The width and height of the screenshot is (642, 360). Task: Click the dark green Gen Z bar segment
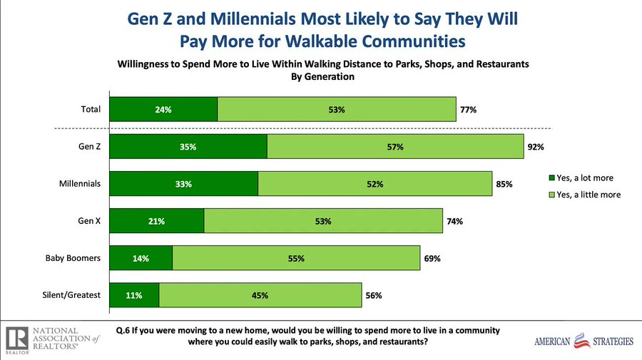click(x=188, y=147)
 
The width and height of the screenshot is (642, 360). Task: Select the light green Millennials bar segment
click(x=374, y=184)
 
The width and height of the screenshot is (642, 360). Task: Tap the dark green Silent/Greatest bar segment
click(x=134, y=295)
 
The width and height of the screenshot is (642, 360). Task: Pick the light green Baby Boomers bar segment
click(x=295, y=258)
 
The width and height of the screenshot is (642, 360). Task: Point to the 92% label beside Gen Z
click(x=536, y=147)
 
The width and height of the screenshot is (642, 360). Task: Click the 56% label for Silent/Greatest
click(x=372, y=295)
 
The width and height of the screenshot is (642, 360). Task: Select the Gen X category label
click(x=89, y=221)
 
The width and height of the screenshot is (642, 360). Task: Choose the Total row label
click(x=91, y=110)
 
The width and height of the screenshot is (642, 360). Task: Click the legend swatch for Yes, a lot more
click(x=551, y=178)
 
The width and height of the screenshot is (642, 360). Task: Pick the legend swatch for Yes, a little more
click(x=551, y=194)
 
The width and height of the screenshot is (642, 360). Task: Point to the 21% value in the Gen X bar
click(x=156, y=221)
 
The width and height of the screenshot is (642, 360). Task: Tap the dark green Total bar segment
click(x=163, y=110)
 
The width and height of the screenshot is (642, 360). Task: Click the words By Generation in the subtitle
click(x=322, y=77)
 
